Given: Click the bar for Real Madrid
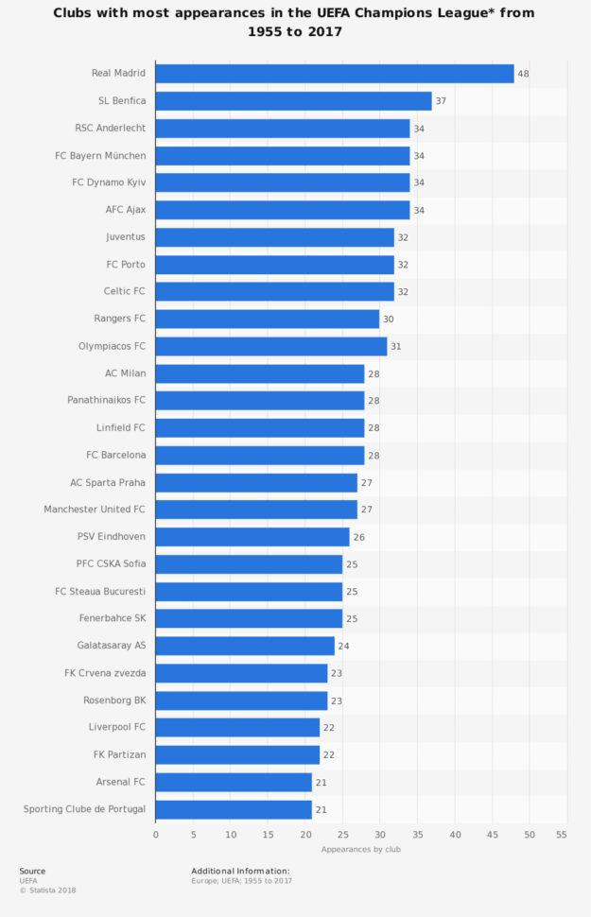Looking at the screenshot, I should tap(335, 74).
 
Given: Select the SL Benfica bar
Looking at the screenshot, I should tap(293, 101).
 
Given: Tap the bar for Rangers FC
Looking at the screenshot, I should tap(268, 319).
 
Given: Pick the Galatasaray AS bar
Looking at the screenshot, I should tap(245, 646).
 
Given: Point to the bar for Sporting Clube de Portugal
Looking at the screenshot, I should tap(234, 809).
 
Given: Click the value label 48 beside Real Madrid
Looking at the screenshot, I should tap(523, 74).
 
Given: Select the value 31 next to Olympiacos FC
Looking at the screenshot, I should tap(396, 346).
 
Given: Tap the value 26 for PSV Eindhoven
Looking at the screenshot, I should tap(358, 537).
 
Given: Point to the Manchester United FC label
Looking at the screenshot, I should tap(95, 510).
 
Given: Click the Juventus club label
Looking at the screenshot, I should tap(125, 237).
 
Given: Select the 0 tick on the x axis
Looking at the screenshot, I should tap(156, 835).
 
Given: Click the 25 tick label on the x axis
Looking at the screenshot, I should tap(342, 835).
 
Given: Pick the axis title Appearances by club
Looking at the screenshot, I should tap(360, 849).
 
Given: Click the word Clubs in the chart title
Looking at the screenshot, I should tap(78, 13).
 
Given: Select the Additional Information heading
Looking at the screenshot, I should tap(240, 871).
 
